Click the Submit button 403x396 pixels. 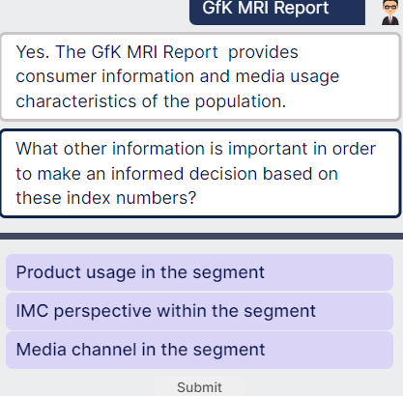click(x=200, y=385)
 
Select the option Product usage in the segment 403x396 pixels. click(x=200, y=271)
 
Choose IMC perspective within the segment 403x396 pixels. click(x=200, y=311)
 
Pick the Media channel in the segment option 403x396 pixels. click(x=200, y=350)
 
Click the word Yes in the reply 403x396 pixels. click(x=32, y=51)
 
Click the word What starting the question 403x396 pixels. click(x=39, y=150)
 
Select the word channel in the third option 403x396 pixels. click(x=103, y=350)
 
